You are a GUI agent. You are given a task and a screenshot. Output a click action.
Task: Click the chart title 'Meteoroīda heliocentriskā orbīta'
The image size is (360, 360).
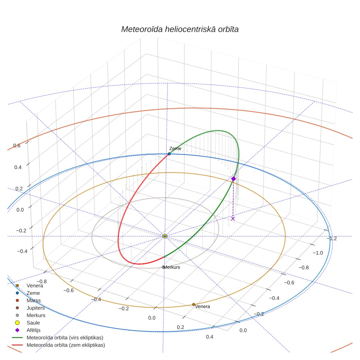[180, 30]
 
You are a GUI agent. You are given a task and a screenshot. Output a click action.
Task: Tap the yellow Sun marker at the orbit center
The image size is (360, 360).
[165, 236]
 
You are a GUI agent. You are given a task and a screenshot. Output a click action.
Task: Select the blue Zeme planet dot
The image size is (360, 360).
[169, 154]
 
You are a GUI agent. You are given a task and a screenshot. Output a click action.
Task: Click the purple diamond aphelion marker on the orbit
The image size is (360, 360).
[233, 179]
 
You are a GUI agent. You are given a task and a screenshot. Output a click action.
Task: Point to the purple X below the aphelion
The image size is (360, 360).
[233, 218]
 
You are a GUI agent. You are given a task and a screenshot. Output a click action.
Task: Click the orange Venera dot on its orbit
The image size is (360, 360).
[193, 305]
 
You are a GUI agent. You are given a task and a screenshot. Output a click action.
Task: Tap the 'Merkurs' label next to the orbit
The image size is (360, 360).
[172, 267]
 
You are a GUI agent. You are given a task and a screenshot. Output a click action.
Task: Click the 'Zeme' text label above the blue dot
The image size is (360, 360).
[175, 149]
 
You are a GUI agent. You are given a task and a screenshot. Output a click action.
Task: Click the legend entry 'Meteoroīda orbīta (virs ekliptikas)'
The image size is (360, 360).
[58, 338]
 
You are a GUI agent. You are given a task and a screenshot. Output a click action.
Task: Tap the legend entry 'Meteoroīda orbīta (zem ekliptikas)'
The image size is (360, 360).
[58, 345]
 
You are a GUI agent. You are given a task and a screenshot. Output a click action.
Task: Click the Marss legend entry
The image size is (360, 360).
[28, 301]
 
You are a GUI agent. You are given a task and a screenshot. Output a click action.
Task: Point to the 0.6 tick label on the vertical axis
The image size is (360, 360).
[17, 146]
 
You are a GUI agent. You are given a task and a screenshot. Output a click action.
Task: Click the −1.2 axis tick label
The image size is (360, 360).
[332, 239]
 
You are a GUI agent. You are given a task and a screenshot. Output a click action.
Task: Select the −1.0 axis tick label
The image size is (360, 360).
[318, 253]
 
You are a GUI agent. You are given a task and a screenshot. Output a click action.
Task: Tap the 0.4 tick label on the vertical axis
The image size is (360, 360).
[18, 167]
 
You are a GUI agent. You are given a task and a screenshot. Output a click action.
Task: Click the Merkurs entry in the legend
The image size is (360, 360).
[30, 316]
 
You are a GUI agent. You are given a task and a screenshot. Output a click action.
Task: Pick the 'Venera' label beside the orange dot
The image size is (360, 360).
[202, 307]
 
